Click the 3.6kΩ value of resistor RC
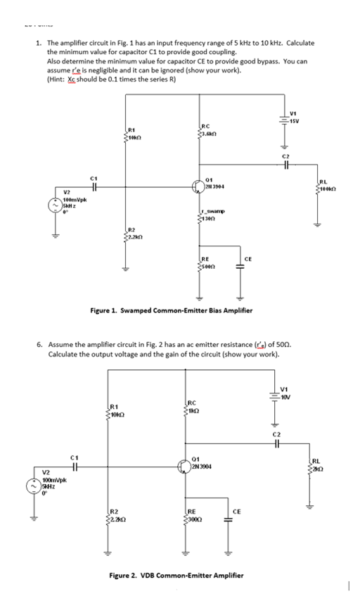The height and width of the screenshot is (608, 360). coord(210,134)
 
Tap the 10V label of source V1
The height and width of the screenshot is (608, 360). coord(285,395)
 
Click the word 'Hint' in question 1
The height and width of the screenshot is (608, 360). coord(58,78)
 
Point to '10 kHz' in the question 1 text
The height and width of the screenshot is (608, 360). coord(271,43)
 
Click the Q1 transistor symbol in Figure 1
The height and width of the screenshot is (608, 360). coord(200,185)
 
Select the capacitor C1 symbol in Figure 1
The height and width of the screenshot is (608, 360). coord(91,187)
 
